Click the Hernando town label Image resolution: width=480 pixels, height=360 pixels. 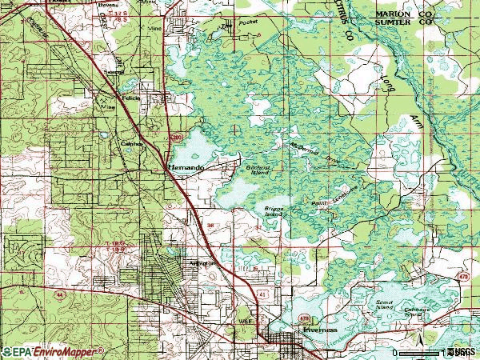[x=184, y=167]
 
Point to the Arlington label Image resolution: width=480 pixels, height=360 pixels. [x=204, y=262]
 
